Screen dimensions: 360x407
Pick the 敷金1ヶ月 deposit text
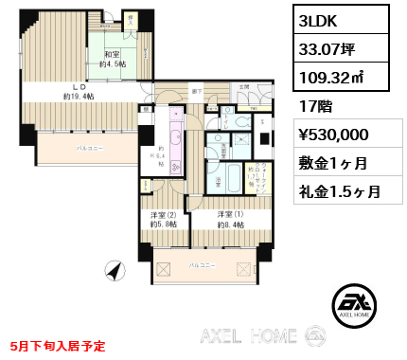pyautogui.click(x=333, y=162)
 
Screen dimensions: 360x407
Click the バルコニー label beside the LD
pyautogui.click(x=90, y=150)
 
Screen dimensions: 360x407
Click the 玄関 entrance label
pyautogui.click(x=243, y=87)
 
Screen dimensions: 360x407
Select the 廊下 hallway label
pyautogui.click(x=195, y=92)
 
